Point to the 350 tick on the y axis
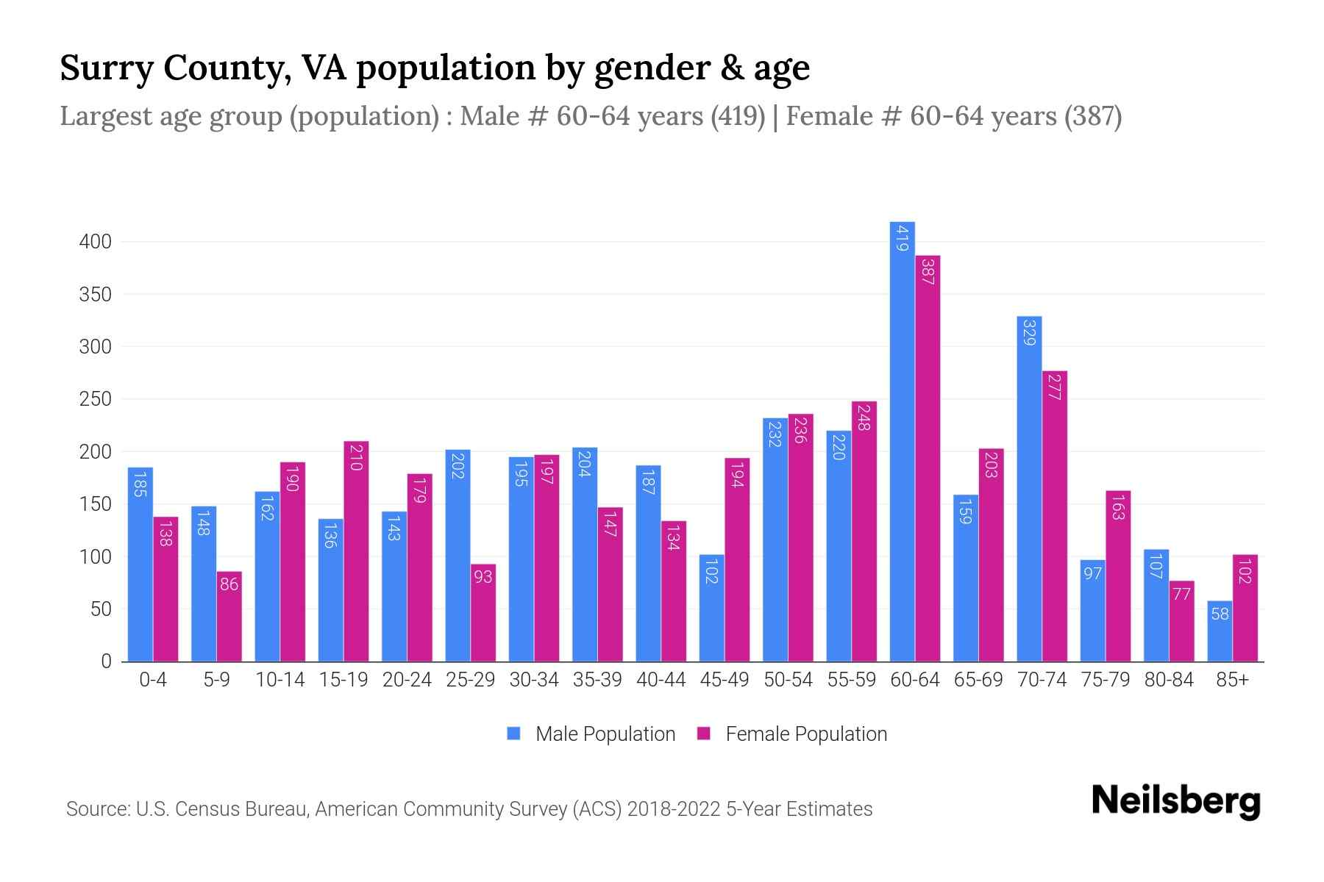95,295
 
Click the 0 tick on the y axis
106,661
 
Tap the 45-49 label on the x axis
725,680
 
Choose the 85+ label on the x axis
1232,680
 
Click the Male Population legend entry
591,734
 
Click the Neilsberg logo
1175,801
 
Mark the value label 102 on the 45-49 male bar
711,572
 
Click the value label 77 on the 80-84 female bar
1181,594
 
